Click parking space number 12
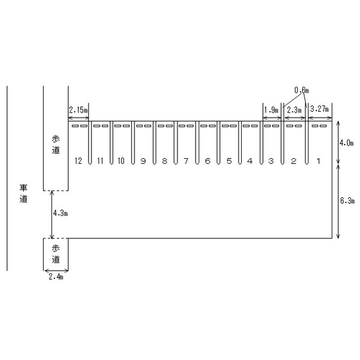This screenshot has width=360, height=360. click(x=78, y=161)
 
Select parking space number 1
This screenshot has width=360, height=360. click(x=318, y=161)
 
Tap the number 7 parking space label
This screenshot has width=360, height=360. click(x=186, y=161)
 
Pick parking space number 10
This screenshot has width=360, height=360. click(x=121, y=161)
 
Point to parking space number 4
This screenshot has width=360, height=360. click(x=250, y=161)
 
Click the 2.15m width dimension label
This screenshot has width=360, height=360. click(x=78, y=110)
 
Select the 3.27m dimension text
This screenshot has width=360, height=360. click(x=319, y=109)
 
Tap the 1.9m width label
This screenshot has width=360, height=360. click(x=271, y=110)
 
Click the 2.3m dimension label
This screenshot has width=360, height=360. click(x=294, y=110)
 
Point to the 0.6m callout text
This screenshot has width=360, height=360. click(x=301, y=90)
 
